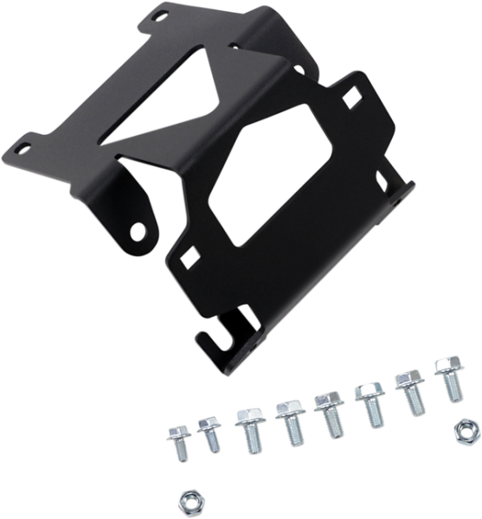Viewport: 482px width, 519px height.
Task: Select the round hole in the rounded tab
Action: tap(138, 229)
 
